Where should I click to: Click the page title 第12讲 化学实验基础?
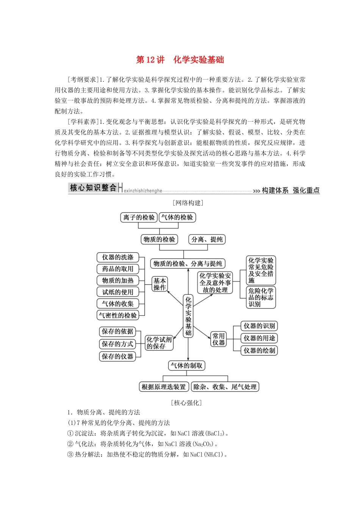pos(180,60)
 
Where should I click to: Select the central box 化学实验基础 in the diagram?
pos(188,316)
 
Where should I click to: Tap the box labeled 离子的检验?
pos(139,217)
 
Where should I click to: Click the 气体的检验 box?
pos(177,217)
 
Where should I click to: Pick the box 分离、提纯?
pos(207,239)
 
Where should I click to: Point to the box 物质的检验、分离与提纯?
pos(188,264)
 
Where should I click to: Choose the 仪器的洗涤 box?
pos(118,258)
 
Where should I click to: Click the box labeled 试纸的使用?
pos(118,292)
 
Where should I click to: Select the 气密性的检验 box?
pos(118,315)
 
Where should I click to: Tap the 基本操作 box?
pos(160,284)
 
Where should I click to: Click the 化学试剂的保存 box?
pos(159,343)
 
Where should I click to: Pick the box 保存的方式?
pos(117,344)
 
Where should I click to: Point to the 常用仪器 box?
pos(219,339)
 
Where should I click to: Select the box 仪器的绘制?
pos(259,350)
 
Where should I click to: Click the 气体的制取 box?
pos(187,365)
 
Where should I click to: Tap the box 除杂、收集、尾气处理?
pos(225,387)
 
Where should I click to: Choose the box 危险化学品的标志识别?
pos(261,297)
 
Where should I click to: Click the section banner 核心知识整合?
pos(93,188)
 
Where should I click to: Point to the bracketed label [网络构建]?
pos(188,203)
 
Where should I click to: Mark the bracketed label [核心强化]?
pos(186,403)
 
